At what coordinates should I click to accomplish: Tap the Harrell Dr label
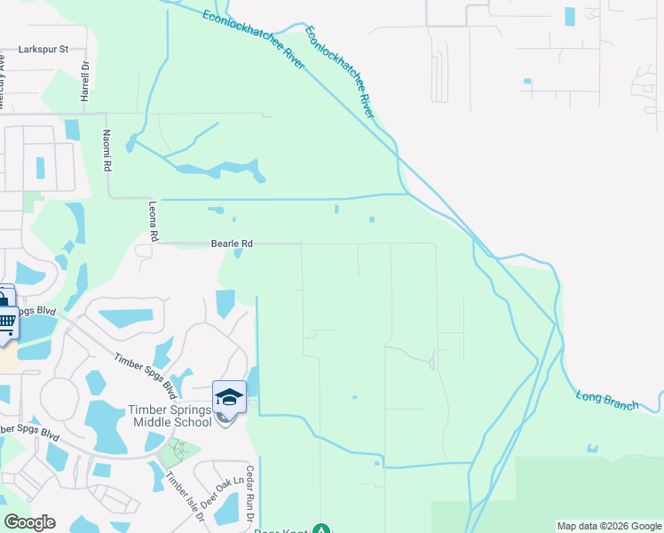click(x=86, y=81)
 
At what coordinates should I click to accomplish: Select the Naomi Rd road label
click(x=107, y=151)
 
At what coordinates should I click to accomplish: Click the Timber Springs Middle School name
click(x=170, y=416)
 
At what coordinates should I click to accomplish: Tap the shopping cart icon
click(x=6, y=322)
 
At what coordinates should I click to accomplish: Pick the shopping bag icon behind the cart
click(x=4, y=298)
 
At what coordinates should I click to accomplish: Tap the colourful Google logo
click(x=29, y=522)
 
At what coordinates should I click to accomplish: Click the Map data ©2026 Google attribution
click(x=608, y=526)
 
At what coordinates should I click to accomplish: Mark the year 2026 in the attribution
click(x=620, y=526)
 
